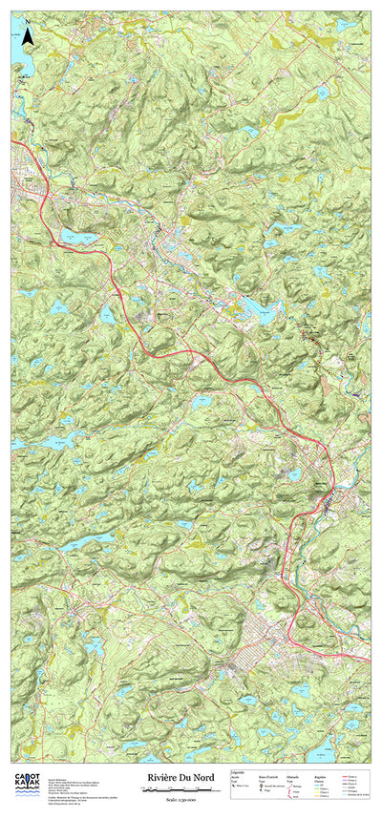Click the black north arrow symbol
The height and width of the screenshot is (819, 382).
(x=29, y=36)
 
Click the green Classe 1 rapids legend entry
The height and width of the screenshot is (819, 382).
(x=324, y=788)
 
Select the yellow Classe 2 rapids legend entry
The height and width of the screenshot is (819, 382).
(x=324, y=792)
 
